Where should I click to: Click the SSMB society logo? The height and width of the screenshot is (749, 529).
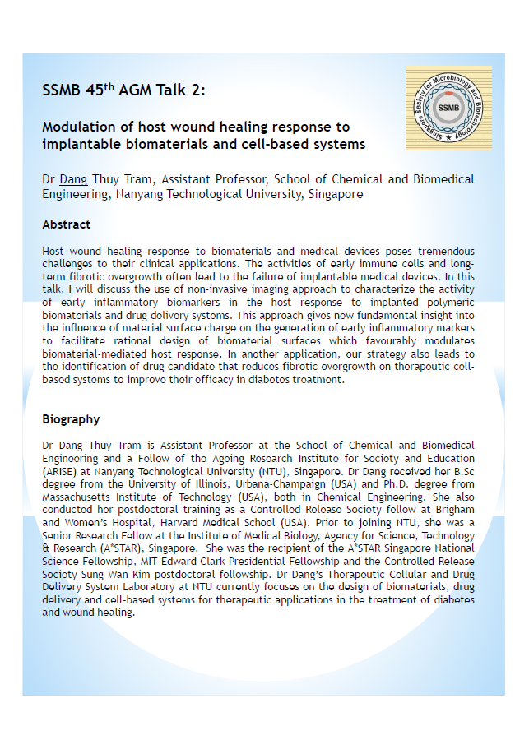(x=448, y=108)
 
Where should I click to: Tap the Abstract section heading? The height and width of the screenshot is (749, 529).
(x=67, y=224)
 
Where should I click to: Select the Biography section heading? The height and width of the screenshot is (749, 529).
(x=71, y=419)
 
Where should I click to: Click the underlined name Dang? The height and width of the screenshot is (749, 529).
(x=73, y=179)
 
